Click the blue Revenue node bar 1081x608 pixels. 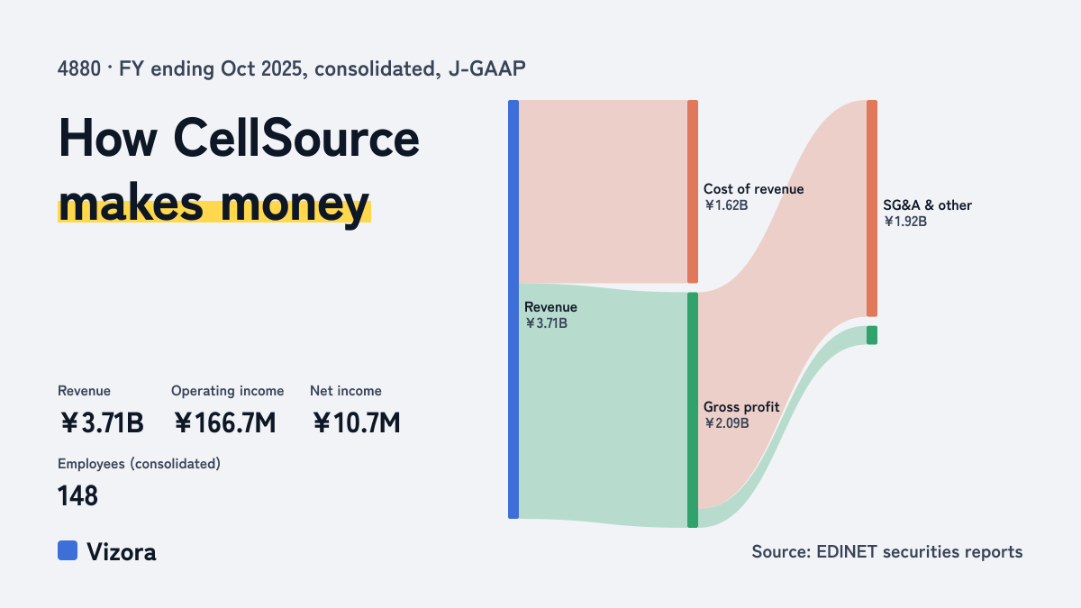click(513, 309)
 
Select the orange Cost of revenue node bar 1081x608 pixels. click(693, 192)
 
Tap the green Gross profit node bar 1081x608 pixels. click(693, 410)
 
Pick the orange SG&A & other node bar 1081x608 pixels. click(872, 208)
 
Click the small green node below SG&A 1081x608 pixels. click(872, 335)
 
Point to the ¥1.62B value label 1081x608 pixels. click(726, 205)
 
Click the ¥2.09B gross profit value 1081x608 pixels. click(726, 423)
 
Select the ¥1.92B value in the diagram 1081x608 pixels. click(905, 222)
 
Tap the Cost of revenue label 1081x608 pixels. click(753, 188)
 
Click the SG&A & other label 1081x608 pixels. click(927, 205)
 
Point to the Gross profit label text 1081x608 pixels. click(741, 407)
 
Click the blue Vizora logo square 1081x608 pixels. click(68, 550)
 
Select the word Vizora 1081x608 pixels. click(122, 551)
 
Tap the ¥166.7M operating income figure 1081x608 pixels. click(225, 422)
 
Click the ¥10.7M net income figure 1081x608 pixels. click(356, 422)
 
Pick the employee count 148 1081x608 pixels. click(77, 495)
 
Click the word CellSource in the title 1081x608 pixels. click(296, 138)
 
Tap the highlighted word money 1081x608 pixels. click(295, 205)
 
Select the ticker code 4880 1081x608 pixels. click(79, 68)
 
